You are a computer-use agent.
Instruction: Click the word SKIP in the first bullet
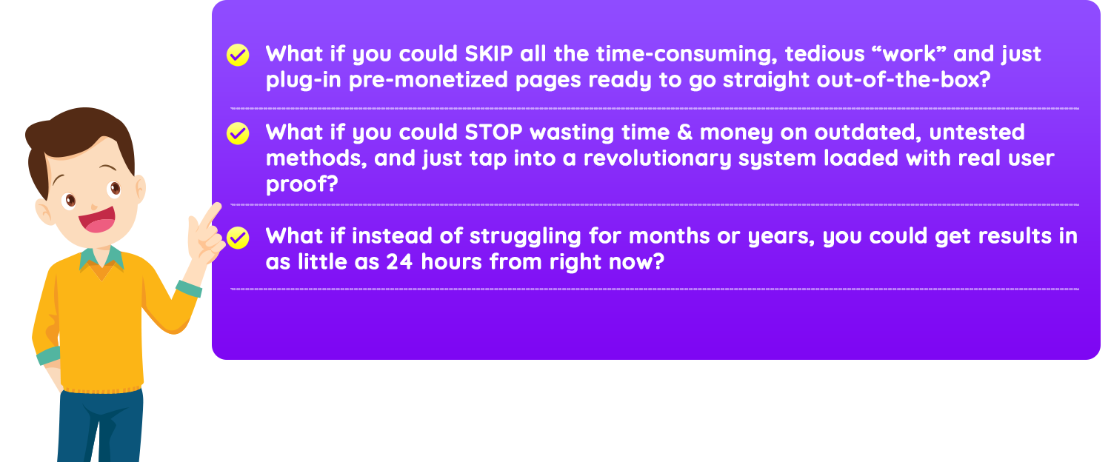489,53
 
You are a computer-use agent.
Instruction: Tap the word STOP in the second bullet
493,133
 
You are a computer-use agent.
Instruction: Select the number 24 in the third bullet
399,262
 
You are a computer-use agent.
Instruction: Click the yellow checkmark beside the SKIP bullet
238,55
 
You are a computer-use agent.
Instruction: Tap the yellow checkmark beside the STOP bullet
238,133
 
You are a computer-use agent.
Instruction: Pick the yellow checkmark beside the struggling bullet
238,238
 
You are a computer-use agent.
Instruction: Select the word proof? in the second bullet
301,184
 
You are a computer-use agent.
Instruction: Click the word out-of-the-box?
904,79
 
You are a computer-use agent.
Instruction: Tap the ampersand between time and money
685,133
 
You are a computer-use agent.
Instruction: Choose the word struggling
525,236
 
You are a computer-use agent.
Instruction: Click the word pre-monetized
429,80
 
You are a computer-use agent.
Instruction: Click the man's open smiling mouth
97,219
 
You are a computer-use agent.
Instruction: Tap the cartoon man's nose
94,205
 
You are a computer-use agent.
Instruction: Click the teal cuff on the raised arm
189,289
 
